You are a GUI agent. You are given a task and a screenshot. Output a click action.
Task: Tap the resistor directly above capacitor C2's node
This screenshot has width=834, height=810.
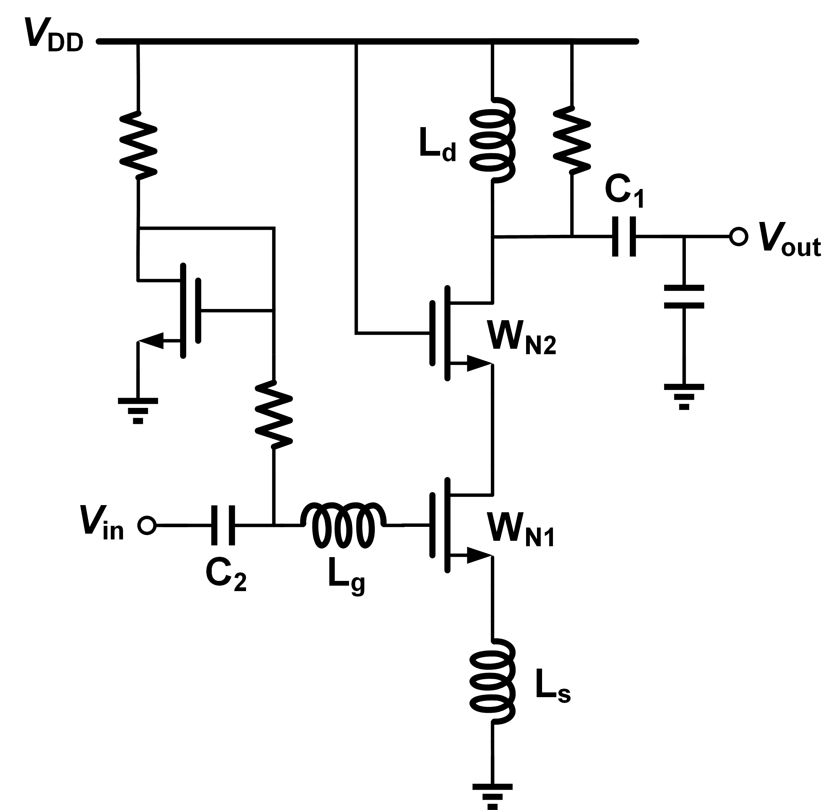[x=274, y=414]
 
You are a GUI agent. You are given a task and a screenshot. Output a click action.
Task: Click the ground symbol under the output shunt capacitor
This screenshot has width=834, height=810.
[x=684, y=397]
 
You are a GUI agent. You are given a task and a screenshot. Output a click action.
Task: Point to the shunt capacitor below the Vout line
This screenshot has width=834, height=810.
[x=684, y=297]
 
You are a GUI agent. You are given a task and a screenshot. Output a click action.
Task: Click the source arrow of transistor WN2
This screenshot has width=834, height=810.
[x=476, y=364]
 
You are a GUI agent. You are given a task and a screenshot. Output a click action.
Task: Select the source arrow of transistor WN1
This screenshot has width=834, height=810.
[x=476, y=556]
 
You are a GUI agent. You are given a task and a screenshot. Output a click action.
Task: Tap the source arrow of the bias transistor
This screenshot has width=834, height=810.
[x=153, y=341]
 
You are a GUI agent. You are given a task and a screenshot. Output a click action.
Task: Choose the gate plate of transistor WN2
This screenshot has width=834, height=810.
[x=432, y=333]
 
